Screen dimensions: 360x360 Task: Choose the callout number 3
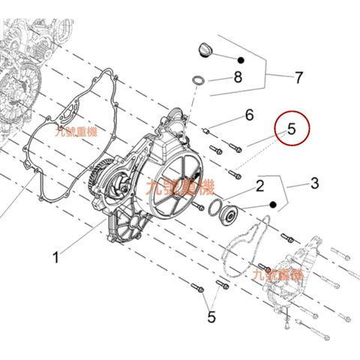(314, 182)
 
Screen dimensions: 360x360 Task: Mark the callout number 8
(238, 76)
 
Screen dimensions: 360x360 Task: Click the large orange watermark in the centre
(181, 186)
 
